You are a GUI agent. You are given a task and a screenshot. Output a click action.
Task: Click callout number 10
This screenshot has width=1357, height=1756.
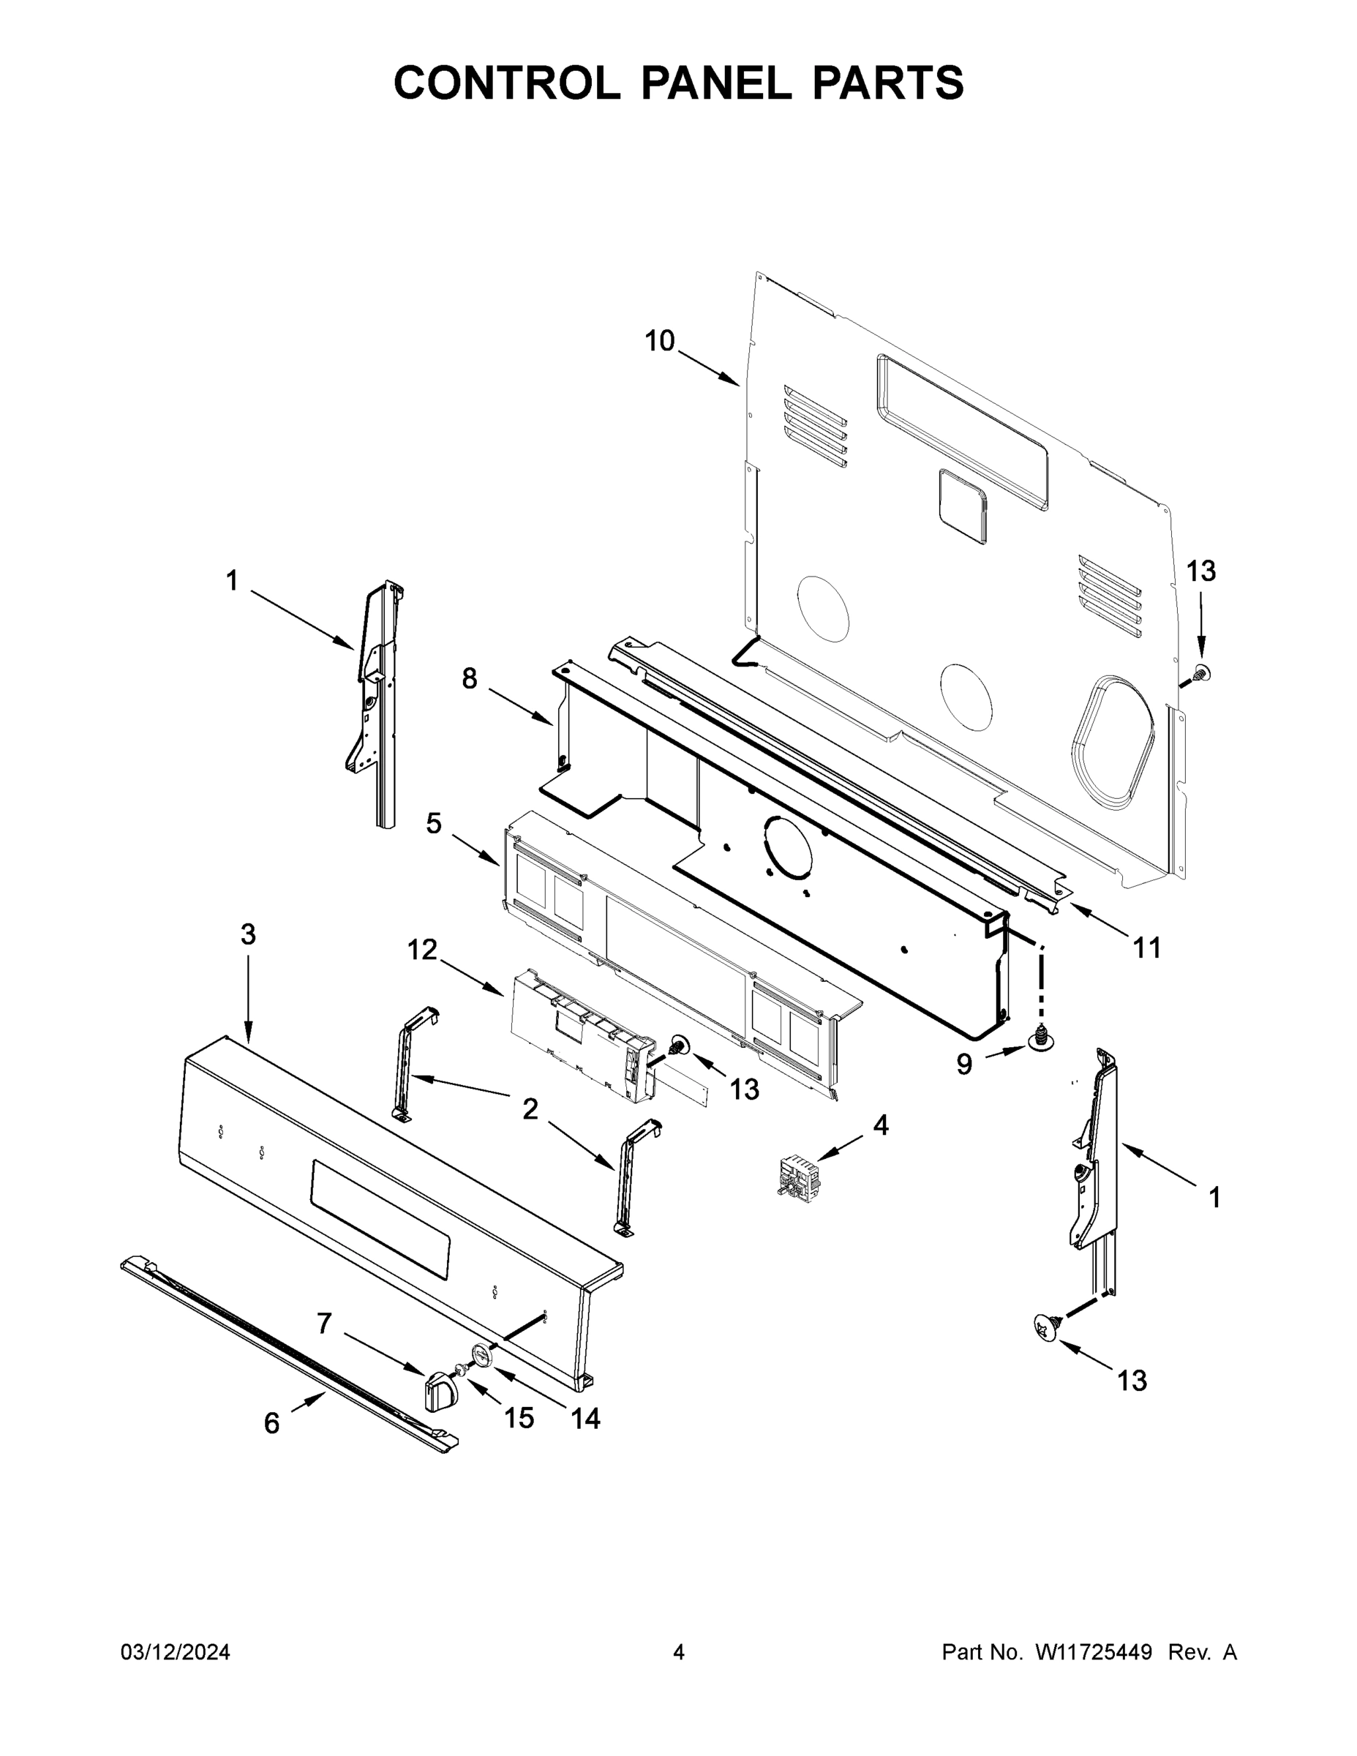pyautogui.click(x=659, y=341)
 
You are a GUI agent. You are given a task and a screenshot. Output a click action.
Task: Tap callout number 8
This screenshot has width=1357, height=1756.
pyautogui.click(x=470, y=680)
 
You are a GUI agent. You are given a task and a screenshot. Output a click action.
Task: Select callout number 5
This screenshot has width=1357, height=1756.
pyautogui.click(x=434, y=823)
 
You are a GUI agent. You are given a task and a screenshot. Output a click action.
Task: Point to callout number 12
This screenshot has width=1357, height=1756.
pyautogui.click(x=422, y=950)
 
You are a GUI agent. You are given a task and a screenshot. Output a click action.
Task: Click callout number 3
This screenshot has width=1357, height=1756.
pyautogui.click(x=249, y=934)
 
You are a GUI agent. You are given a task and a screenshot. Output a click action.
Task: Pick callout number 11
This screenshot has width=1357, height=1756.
pyautogui.click(x=1147, y=949)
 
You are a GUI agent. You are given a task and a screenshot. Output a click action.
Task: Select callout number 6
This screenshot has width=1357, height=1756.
pyautogui.click(x=271, y=1423)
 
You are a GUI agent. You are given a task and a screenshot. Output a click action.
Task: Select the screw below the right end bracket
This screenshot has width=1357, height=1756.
pyautogui.click(x=1047, y=1327)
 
